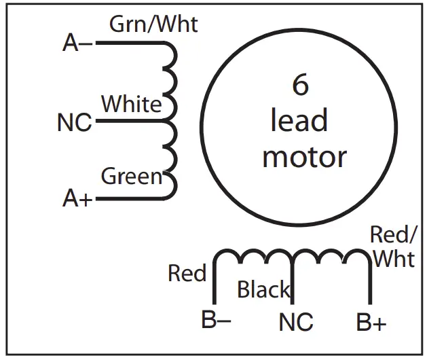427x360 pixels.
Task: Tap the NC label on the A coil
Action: [x=75, y=124]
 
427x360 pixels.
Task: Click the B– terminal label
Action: [x=217, y=320]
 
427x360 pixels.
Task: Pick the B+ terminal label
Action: [x=371, y=321]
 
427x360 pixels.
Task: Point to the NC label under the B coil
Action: [x=295, y=321]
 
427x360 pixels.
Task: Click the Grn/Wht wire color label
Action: [x=153, y=24]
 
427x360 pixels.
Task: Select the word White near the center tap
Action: [x=132, y=104]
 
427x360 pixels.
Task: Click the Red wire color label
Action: [x=187, y=274]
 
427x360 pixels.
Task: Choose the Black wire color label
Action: [x=263, y=290]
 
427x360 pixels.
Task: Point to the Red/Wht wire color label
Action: [x=394, y=247]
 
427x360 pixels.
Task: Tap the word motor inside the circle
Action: [x=304, y=157]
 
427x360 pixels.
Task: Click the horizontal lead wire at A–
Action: [x=129, y=43]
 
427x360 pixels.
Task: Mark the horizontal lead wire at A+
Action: [x=129, y=198]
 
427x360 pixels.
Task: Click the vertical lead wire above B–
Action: [x=215, y=285]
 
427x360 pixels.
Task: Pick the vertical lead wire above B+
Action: [x=370, y=285]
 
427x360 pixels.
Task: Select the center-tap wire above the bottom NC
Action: [x=293, y=285]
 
